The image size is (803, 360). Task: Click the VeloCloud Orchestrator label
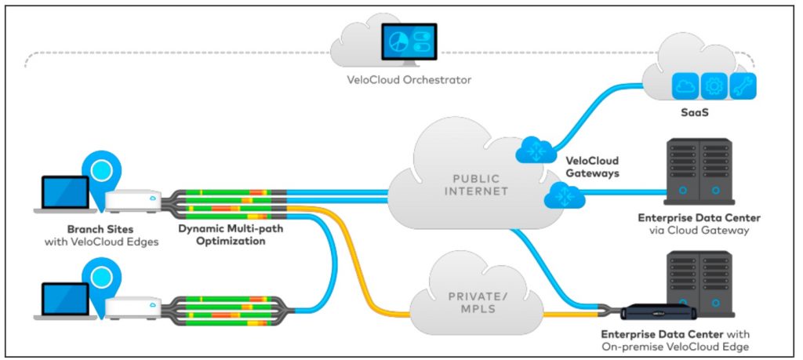[408, 80]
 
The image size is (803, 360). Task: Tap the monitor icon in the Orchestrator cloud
[409, 45]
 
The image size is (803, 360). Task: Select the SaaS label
[695, 112]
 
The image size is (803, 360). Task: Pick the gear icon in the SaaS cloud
[714, 86]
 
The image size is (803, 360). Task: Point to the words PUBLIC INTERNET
[476, 185]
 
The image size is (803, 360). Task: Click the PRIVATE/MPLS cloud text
[476, 303]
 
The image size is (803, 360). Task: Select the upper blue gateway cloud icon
[536, 150]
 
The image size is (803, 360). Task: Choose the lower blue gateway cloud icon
[565, 195]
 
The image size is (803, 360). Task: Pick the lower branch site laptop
[65, 301]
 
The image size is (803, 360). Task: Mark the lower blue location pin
[101, 277]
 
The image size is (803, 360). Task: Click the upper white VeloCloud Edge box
[133, 202]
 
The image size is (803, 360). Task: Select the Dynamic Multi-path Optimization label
[231, 234]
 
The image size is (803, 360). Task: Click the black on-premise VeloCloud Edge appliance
[659, 313]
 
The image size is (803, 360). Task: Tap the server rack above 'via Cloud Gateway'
[699, 172]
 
